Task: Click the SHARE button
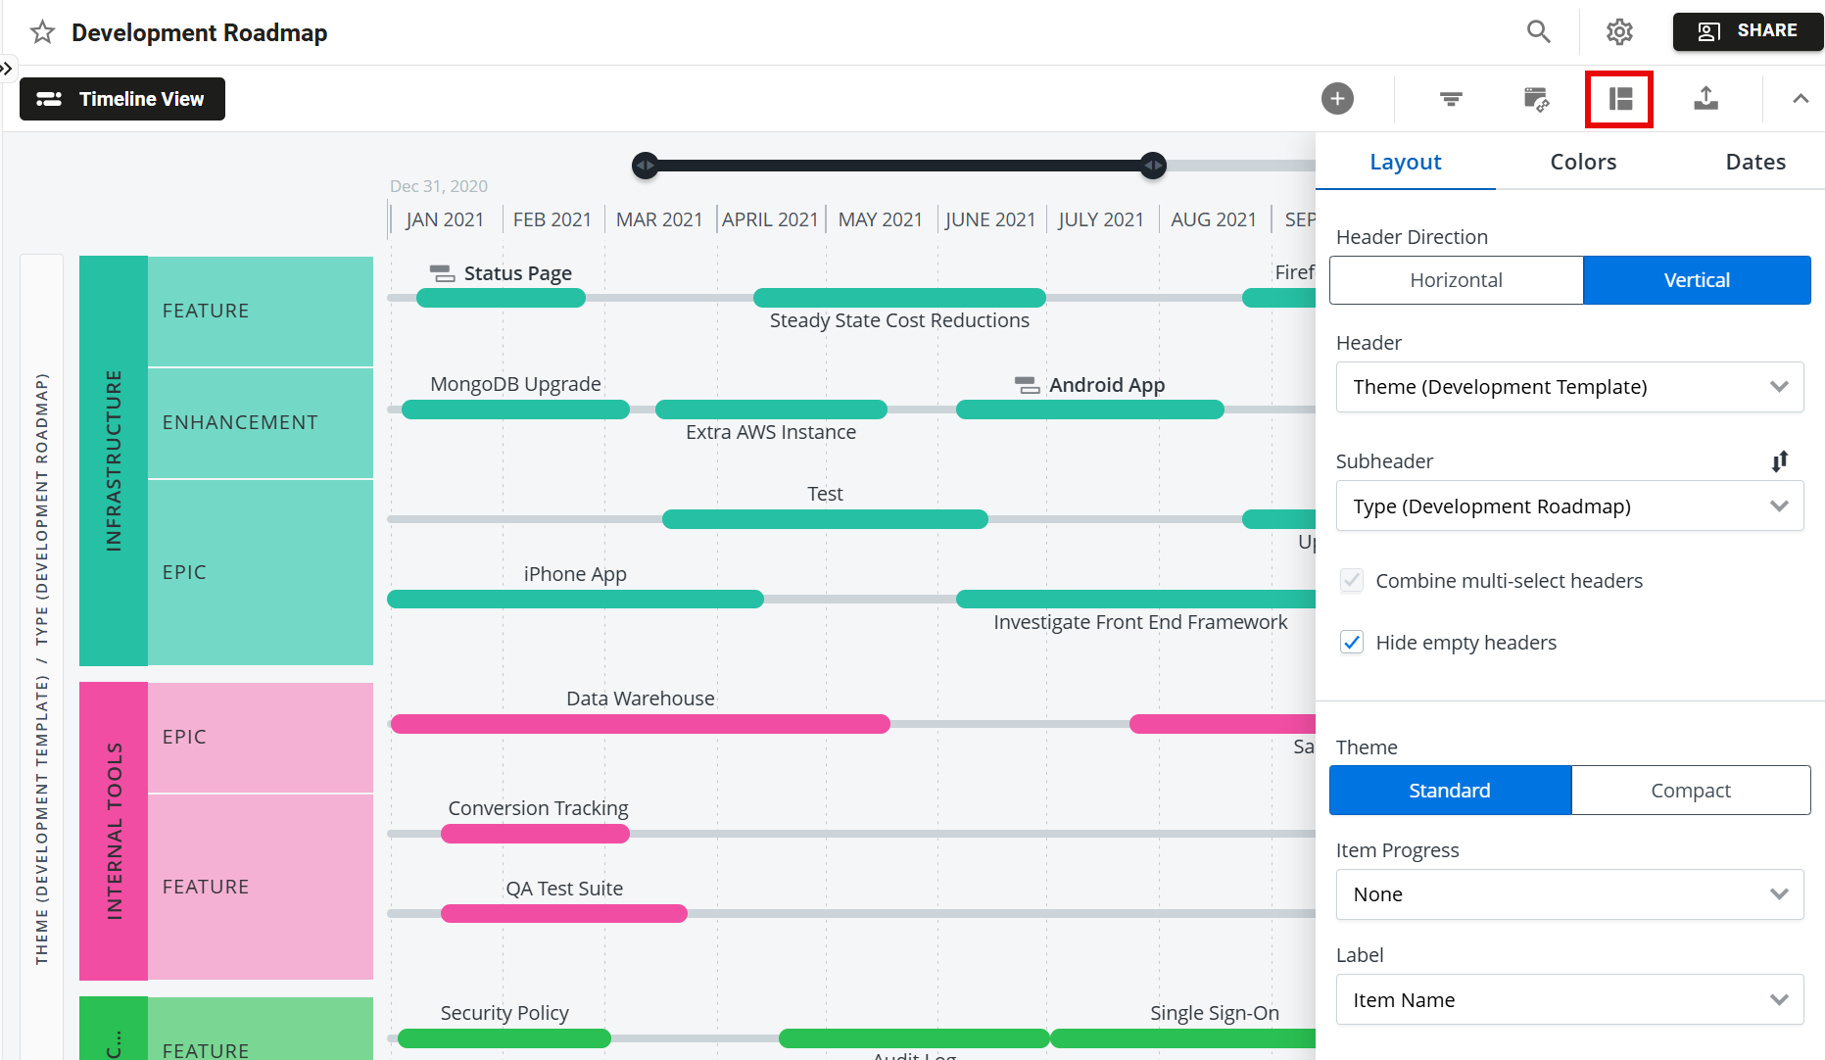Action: tap(1748, 31)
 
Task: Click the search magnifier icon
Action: tap(1538, 32)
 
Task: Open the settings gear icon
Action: tap(1619, 32)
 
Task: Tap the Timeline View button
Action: tap(122, 99)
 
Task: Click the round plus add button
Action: tap(1337, 98)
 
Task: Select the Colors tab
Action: tap(1583, 162)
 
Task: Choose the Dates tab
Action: tap(1754, 162)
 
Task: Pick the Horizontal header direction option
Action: tap(1456, 280)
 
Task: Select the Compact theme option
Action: tap(1690, 791)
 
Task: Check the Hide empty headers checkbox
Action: tap(1352, 643)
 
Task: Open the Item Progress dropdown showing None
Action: tap(1569, 894)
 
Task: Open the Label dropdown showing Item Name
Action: tap(1569, 1000)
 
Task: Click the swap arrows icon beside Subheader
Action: tap(1780, 461)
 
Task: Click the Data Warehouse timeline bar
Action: tap(640, 724)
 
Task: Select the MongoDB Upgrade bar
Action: tap(515, 410)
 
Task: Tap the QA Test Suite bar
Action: tap(563, 914)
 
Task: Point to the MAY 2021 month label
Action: tap(880, 219)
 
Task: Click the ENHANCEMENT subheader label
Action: tap(240, 422)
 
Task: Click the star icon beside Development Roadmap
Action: tap(42, 32)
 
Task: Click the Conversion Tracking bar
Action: tap(535, 834)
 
